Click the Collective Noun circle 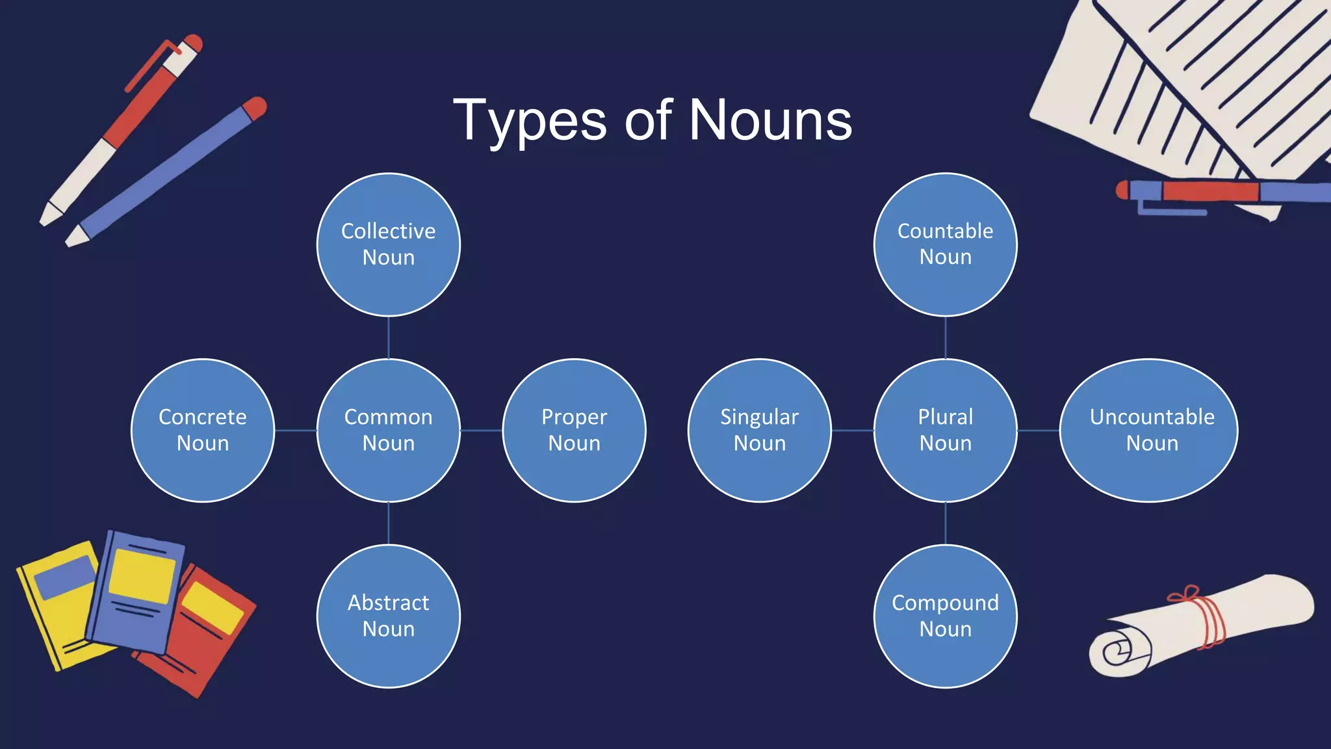coord(389,244)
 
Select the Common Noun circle coord(389,430)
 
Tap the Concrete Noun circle coord(203,430)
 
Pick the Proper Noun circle coord(575,430)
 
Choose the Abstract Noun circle coord(389,616)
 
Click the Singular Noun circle coord(760,430)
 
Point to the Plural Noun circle coord(946,430)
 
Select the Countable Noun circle coord(946,244)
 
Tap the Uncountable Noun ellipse coord(1149,430)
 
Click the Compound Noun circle coord(946,616)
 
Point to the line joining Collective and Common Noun coord(389,337)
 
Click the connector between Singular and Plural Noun coord(853,430)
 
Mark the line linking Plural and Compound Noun coord(946,523)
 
